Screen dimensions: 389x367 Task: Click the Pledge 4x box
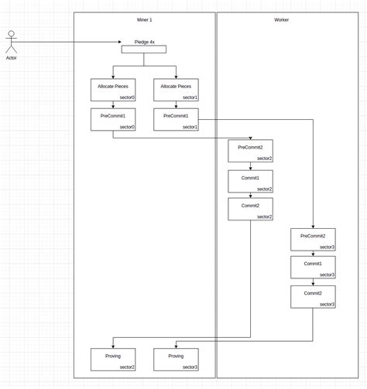[143, 49]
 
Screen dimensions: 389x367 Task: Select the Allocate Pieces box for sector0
[112, 90]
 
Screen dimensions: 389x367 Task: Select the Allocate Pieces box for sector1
[176, 90]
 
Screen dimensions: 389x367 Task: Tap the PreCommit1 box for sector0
[112, 119]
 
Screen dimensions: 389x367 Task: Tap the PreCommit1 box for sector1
[176, 119]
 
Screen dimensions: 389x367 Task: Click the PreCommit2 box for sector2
[250, 151]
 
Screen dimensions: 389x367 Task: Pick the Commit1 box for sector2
[250, 181]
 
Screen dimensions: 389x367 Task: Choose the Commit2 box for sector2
[250, 209]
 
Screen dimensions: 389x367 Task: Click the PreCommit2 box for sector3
[313, 239]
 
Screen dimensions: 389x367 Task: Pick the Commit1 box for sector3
[313, 268]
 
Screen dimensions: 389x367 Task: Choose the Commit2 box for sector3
[313, 297]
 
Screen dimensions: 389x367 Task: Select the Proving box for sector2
[112, 359]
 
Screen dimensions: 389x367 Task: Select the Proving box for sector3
[176, 359]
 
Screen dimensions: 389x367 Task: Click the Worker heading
[281, 19]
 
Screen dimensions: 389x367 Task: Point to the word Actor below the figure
[11, 57]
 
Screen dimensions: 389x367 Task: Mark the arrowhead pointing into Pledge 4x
[119, 42]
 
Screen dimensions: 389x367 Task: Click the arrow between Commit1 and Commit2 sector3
[313, 282]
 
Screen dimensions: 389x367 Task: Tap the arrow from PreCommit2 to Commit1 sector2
[250, 165]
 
